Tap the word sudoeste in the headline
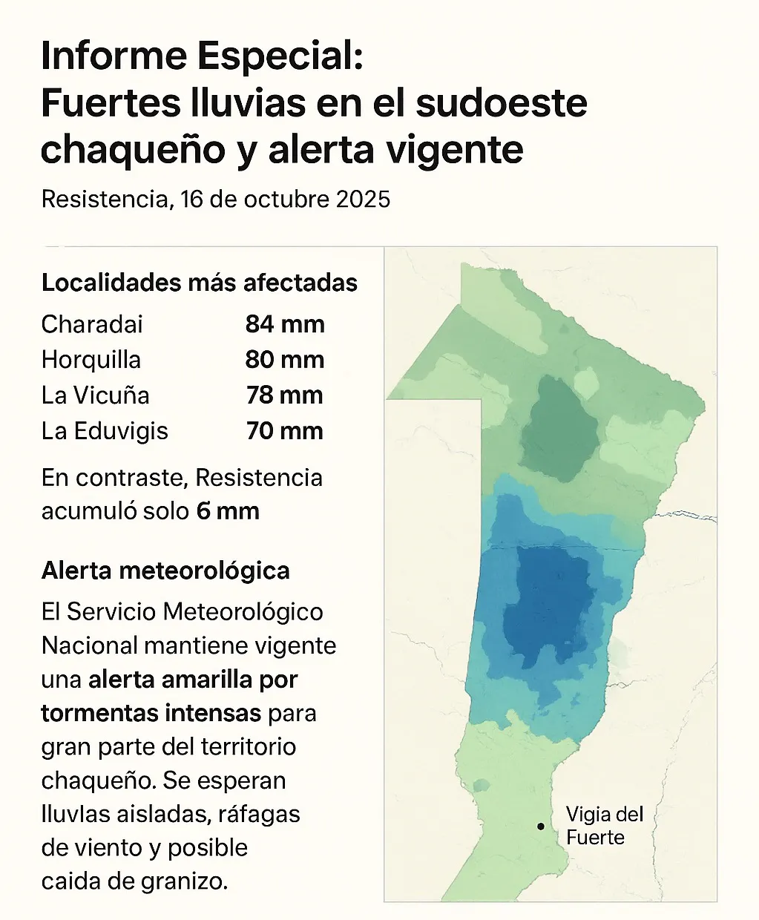[x=502, y=103]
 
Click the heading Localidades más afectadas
[x=200, y=283]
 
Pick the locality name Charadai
[x=92, y=324]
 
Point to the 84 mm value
[x=285, y=324]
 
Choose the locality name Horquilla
[x=91, y=360]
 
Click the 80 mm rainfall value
[x=285, y=360]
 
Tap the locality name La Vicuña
[x=96, y=395]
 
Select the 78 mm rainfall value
[x=285, y=395]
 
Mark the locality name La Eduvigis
[x=105, y=431]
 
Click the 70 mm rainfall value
[x=285, y=431]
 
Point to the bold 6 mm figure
[x=228, y=511]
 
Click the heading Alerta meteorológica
[x=165, y=571]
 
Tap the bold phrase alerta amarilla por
[x=193, y=680]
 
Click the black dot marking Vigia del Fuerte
[x=541, y=826]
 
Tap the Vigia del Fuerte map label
[x=604, y=826]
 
